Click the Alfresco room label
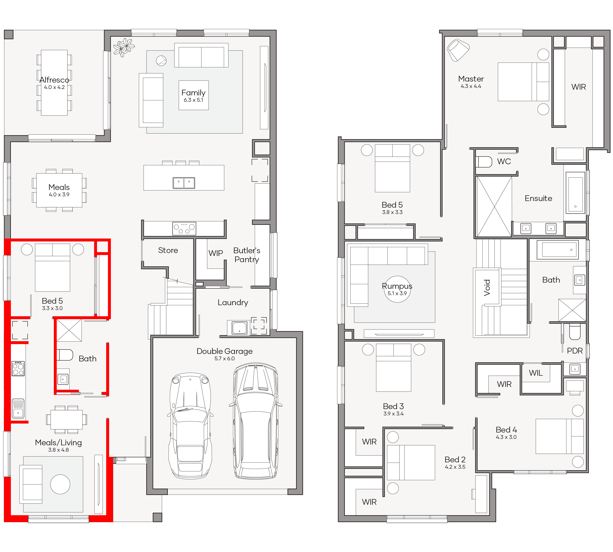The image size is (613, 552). coord(54,80)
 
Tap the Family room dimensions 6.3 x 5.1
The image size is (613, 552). coord(193,100)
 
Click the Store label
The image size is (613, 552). coord(168,250)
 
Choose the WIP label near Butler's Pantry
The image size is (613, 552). coord(216,253)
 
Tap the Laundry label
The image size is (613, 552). coord(233,302)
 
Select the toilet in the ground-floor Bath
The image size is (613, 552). coord(65,355)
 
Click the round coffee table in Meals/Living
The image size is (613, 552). coord(60,484)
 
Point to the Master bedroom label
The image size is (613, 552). coord(471,79)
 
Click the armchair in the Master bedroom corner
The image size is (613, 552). coord(458,50)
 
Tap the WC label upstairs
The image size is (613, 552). coord(504,161)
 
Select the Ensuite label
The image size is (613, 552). coord(538,198)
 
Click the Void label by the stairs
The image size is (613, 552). coord(487,287)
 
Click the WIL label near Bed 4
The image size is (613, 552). coord(536,373)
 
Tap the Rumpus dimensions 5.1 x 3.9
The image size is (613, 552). coord(397,293)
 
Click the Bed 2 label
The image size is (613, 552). coord(455,460)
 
